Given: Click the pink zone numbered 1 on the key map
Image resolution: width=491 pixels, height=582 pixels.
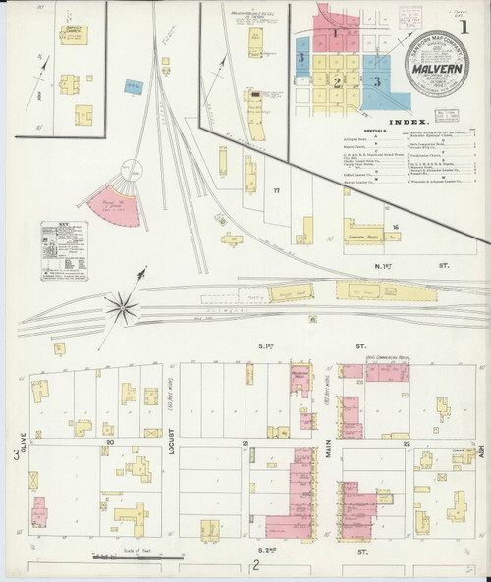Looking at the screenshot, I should (x=334, y=32).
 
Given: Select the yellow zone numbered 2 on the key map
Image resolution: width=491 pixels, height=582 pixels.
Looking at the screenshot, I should (x=337, y=80).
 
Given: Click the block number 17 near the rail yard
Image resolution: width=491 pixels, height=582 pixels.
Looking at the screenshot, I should (x=277, y=189).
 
